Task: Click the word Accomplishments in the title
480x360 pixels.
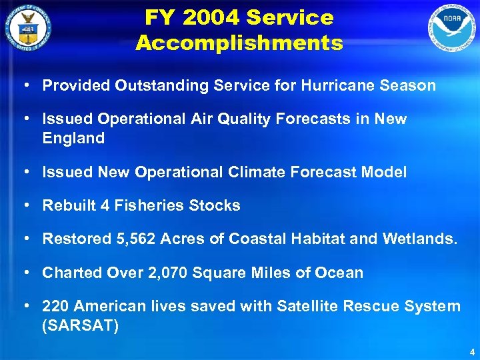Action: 239,43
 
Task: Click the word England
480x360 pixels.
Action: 73,139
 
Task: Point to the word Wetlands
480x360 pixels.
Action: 420,239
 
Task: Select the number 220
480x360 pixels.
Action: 55,306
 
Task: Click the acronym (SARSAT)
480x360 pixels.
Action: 80,325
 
